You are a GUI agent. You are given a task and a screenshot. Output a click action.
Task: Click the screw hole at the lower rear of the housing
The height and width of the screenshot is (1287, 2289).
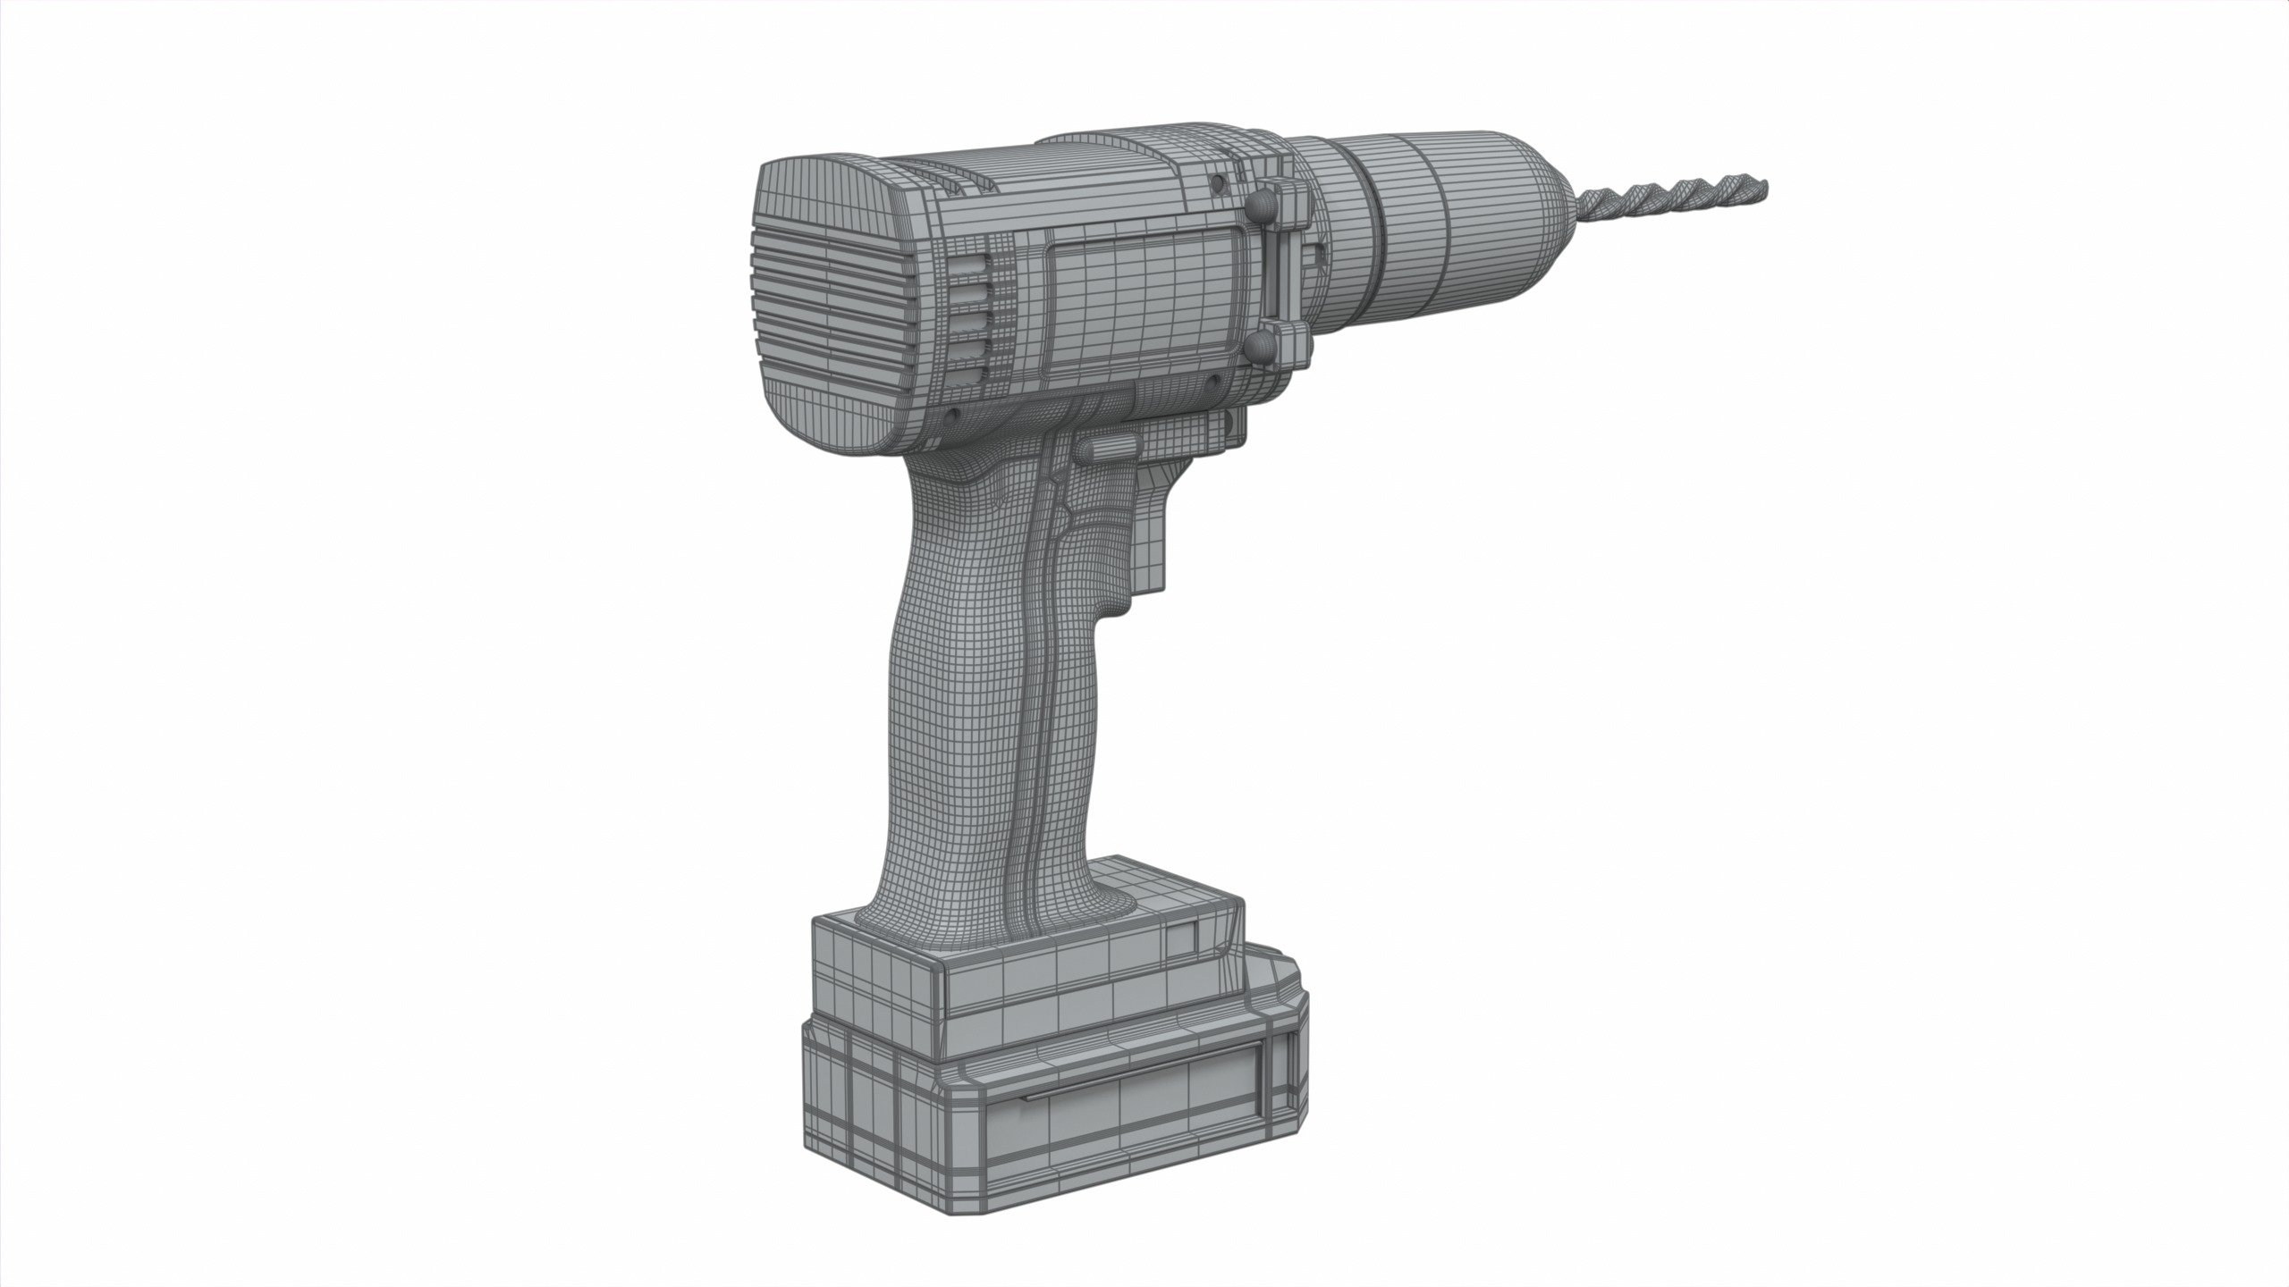click(953, 416)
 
